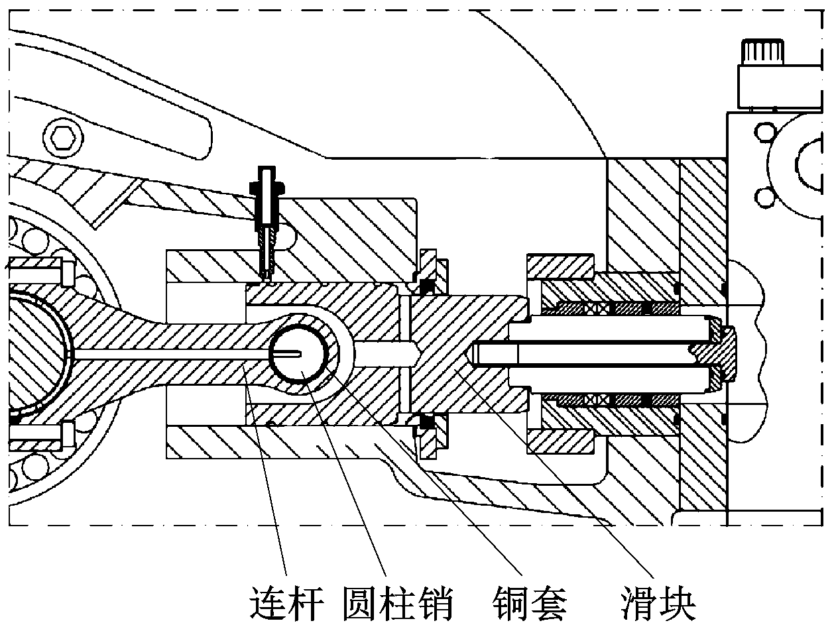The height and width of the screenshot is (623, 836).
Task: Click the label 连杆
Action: (x=286, y=602)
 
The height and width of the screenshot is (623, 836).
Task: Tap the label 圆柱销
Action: (x=397, y=602)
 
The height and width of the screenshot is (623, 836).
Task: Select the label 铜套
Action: (x=530, y=602)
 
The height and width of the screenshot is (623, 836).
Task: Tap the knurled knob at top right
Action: (x=764, y=52)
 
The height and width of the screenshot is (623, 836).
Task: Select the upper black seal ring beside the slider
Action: (x=428, y=286)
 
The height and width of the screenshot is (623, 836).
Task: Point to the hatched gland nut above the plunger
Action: (x=559, y=267)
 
